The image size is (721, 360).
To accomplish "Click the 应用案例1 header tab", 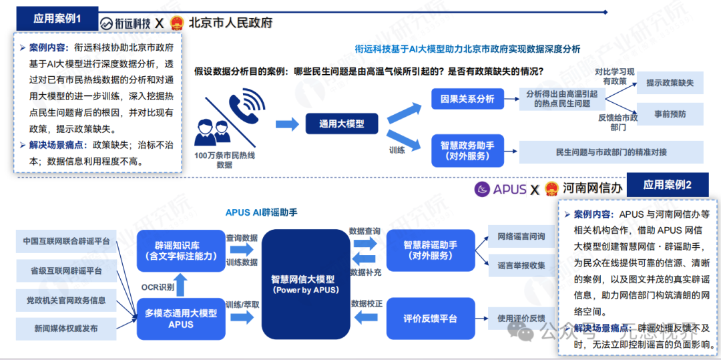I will point(57,19).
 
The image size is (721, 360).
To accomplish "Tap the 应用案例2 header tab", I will point(667,185).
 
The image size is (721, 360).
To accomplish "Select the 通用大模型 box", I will point(342,124).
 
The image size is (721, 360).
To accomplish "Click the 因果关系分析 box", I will point(467,99).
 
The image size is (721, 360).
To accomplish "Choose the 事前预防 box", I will point(669,114).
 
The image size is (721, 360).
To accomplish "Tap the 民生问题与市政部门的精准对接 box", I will point(611,152).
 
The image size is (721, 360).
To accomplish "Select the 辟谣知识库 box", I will point(181,250).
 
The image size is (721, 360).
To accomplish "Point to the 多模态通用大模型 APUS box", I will point(181,319).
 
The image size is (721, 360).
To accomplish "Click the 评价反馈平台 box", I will point(430,319).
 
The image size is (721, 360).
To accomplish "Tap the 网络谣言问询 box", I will point(521,236).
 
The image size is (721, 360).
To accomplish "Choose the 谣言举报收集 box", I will point(521,265).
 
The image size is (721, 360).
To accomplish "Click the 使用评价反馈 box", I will point(521,318).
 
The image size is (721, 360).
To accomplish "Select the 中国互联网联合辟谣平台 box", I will point(65,241).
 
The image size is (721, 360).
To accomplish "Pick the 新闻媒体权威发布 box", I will point(65,329).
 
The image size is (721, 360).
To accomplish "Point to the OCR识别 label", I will point(158,287).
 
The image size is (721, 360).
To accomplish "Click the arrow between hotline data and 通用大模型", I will point(286,124).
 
